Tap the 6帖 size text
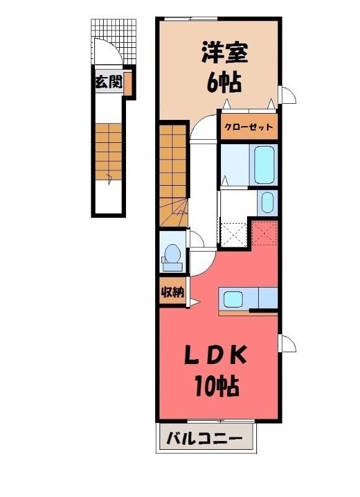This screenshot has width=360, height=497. (x=225, y=82)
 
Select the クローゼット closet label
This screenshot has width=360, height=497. (x=248, y=127)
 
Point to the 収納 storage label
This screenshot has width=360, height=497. (x=173, y=291)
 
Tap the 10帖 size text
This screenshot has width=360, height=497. (x=217, y=385)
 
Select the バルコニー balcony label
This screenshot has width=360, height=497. (x=205, y=439)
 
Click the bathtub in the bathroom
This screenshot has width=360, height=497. (x=264, y=165)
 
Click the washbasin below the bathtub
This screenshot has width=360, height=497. (x=268, y=203)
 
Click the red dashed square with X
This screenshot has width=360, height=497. (x=264, y=234)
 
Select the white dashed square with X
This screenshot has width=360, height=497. (x=234, y=235)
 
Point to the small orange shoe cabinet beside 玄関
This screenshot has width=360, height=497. (x=128, y=84)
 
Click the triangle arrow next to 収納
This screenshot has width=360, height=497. (x=194, y=303)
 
